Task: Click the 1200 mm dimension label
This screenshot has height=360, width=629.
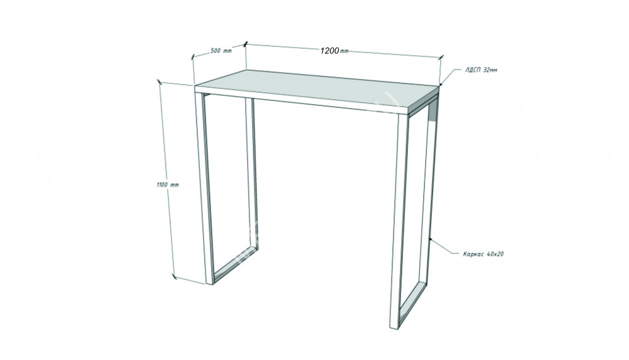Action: click(x=334, y=51)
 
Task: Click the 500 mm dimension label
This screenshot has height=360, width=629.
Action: click(x=221, y=51)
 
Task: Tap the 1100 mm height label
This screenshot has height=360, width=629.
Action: click(x=167, y=185)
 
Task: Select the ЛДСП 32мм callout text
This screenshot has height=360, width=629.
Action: click(x=481, y=70)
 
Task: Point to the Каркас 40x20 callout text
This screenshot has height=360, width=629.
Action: click(x=483, y=254)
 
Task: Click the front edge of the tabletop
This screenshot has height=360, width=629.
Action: click(x=302, y=101)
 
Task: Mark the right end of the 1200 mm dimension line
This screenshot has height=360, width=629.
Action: click(x=441, y=57)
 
